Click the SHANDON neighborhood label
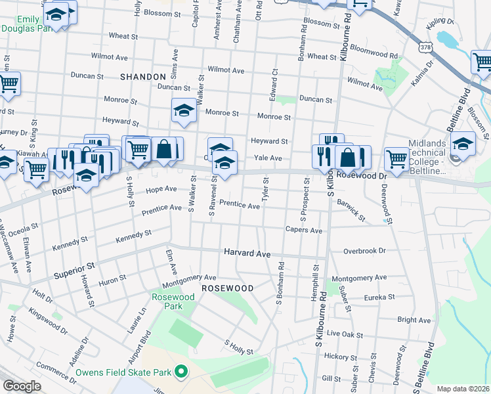(x=143, y=77)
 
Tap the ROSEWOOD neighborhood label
(x=227, y=288)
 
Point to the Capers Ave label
(x=303, y=230)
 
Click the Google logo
(x=22, y=386)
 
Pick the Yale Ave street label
(x=268, y=158)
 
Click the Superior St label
(x=74, y=269)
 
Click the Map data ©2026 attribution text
(x=462, y=389)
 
